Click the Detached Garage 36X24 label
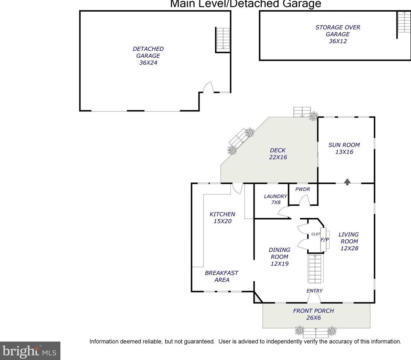148,56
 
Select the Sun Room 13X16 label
344,148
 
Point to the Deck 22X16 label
278,154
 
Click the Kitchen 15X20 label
222,217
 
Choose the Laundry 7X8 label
275,199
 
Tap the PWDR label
302,189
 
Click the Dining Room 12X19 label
279,257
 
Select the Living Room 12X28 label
349,241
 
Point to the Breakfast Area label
221,276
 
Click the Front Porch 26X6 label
313,314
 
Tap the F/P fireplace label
325,239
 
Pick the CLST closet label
316,234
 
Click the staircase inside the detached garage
223,40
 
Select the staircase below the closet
315,269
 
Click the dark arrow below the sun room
347,182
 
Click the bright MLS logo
30,351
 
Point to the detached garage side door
209,87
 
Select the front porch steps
316,333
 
